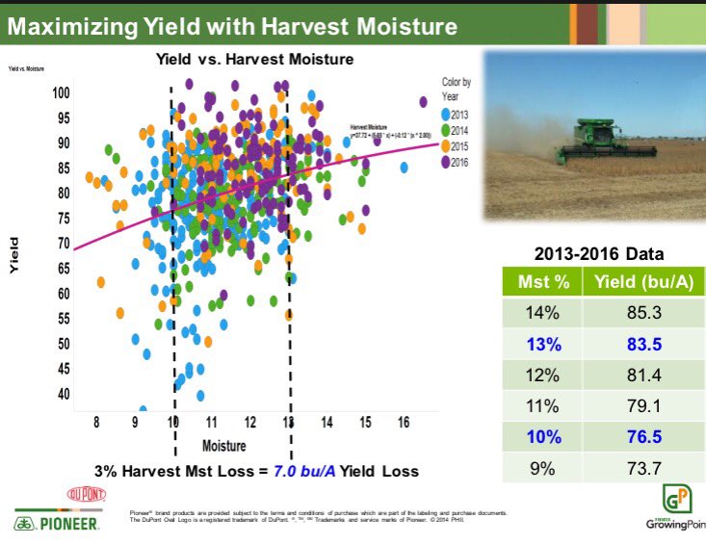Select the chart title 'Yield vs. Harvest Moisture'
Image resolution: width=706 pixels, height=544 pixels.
(255, 60)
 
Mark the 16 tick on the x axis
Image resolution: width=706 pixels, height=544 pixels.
(405, 423)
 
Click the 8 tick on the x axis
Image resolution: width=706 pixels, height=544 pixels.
(96, 423)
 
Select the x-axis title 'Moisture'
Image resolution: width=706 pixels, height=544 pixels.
(223, 446)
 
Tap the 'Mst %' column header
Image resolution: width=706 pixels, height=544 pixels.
(544, 283)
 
